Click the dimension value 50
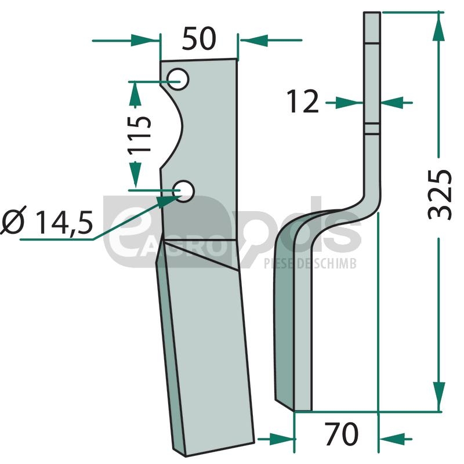199,38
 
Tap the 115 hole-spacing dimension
139,134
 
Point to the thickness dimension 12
303,101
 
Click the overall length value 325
440,195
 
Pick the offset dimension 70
341,433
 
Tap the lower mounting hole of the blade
183,191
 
